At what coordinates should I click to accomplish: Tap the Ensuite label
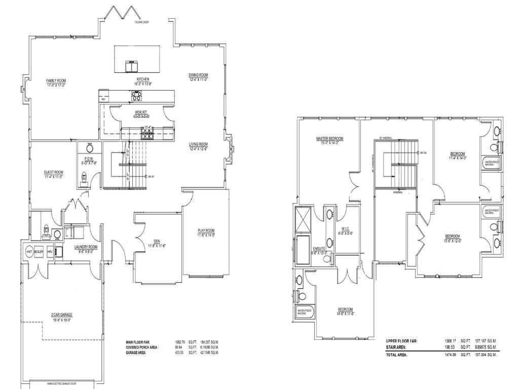319,250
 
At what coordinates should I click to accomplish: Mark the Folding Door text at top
141,22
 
